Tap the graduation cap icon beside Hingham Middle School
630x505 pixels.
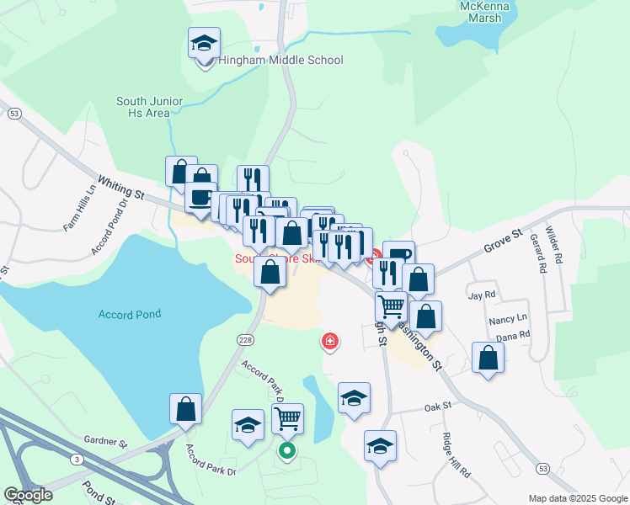coord(203,43)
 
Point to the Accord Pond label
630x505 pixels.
coord(130,314)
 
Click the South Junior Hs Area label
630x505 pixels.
coord(149,107)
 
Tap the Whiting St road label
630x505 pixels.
coord(121,187)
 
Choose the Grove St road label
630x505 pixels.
coord(503,242)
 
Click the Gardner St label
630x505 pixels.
coord(105,441)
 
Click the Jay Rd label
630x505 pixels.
coord(481,295)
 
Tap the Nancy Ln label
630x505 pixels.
coord(507,320)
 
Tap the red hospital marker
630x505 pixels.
coord(330,341)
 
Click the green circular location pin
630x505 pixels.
coord(287,451)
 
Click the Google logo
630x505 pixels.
coord(27,496)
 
